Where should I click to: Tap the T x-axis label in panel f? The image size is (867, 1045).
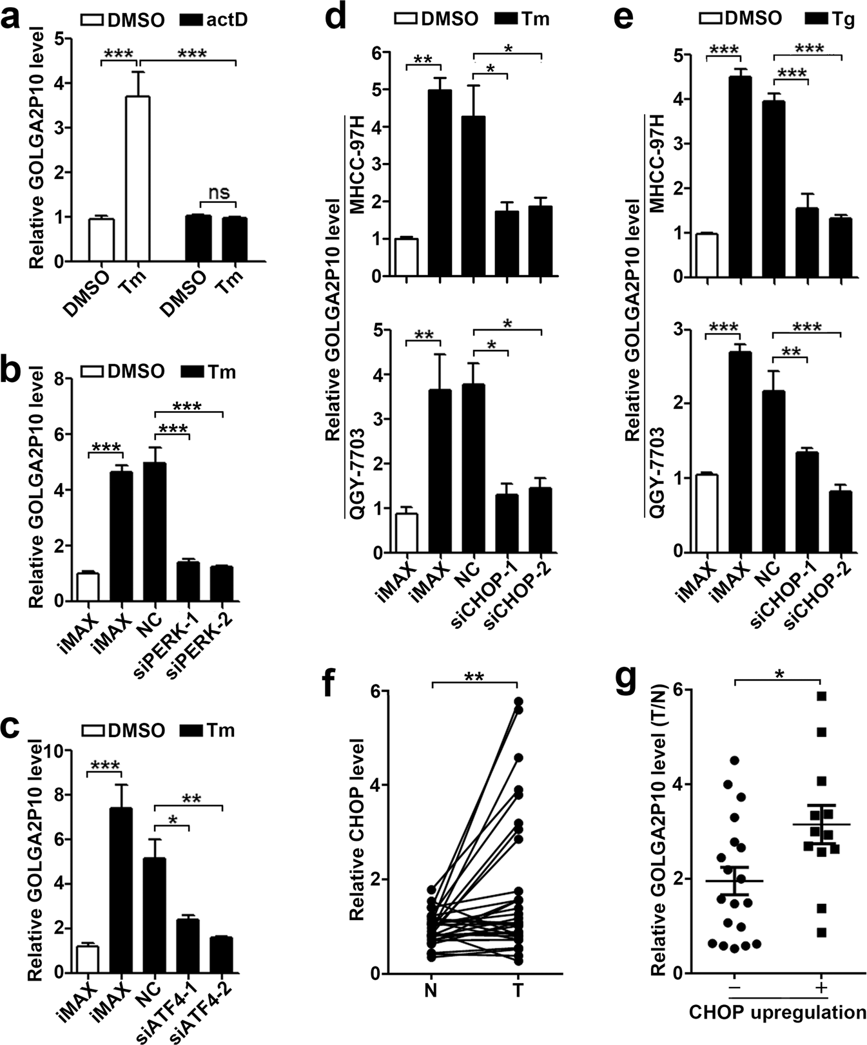tap(518, 990)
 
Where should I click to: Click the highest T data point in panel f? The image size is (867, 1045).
tap(518, 700)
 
